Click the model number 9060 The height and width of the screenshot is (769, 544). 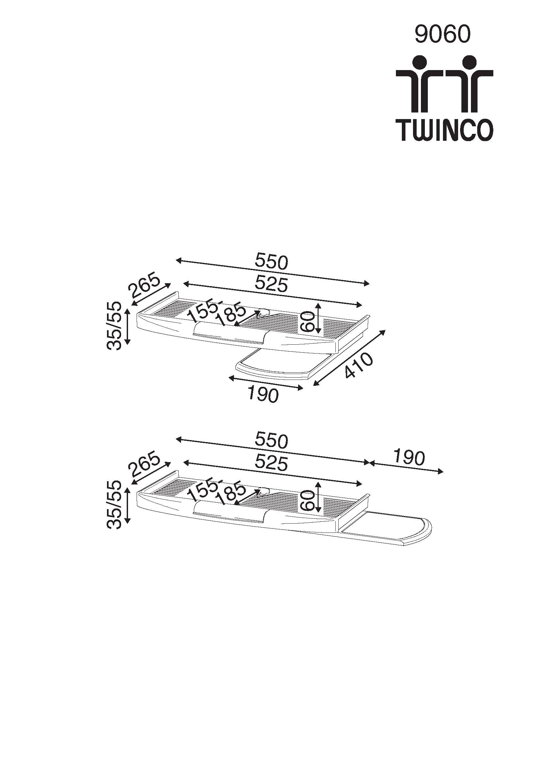coord(442,35)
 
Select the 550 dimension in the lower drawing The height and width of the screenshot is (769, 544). coord(271,440)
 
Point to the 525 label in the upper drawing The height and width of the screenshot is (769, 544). coord(271,284)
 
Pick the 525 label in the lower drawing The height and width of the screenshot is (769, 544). coord(271,463)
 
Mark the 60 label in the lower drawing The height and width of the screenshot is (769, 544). coord(307,500)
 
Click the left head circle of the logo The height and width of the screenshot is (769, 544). coord(419,63)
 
